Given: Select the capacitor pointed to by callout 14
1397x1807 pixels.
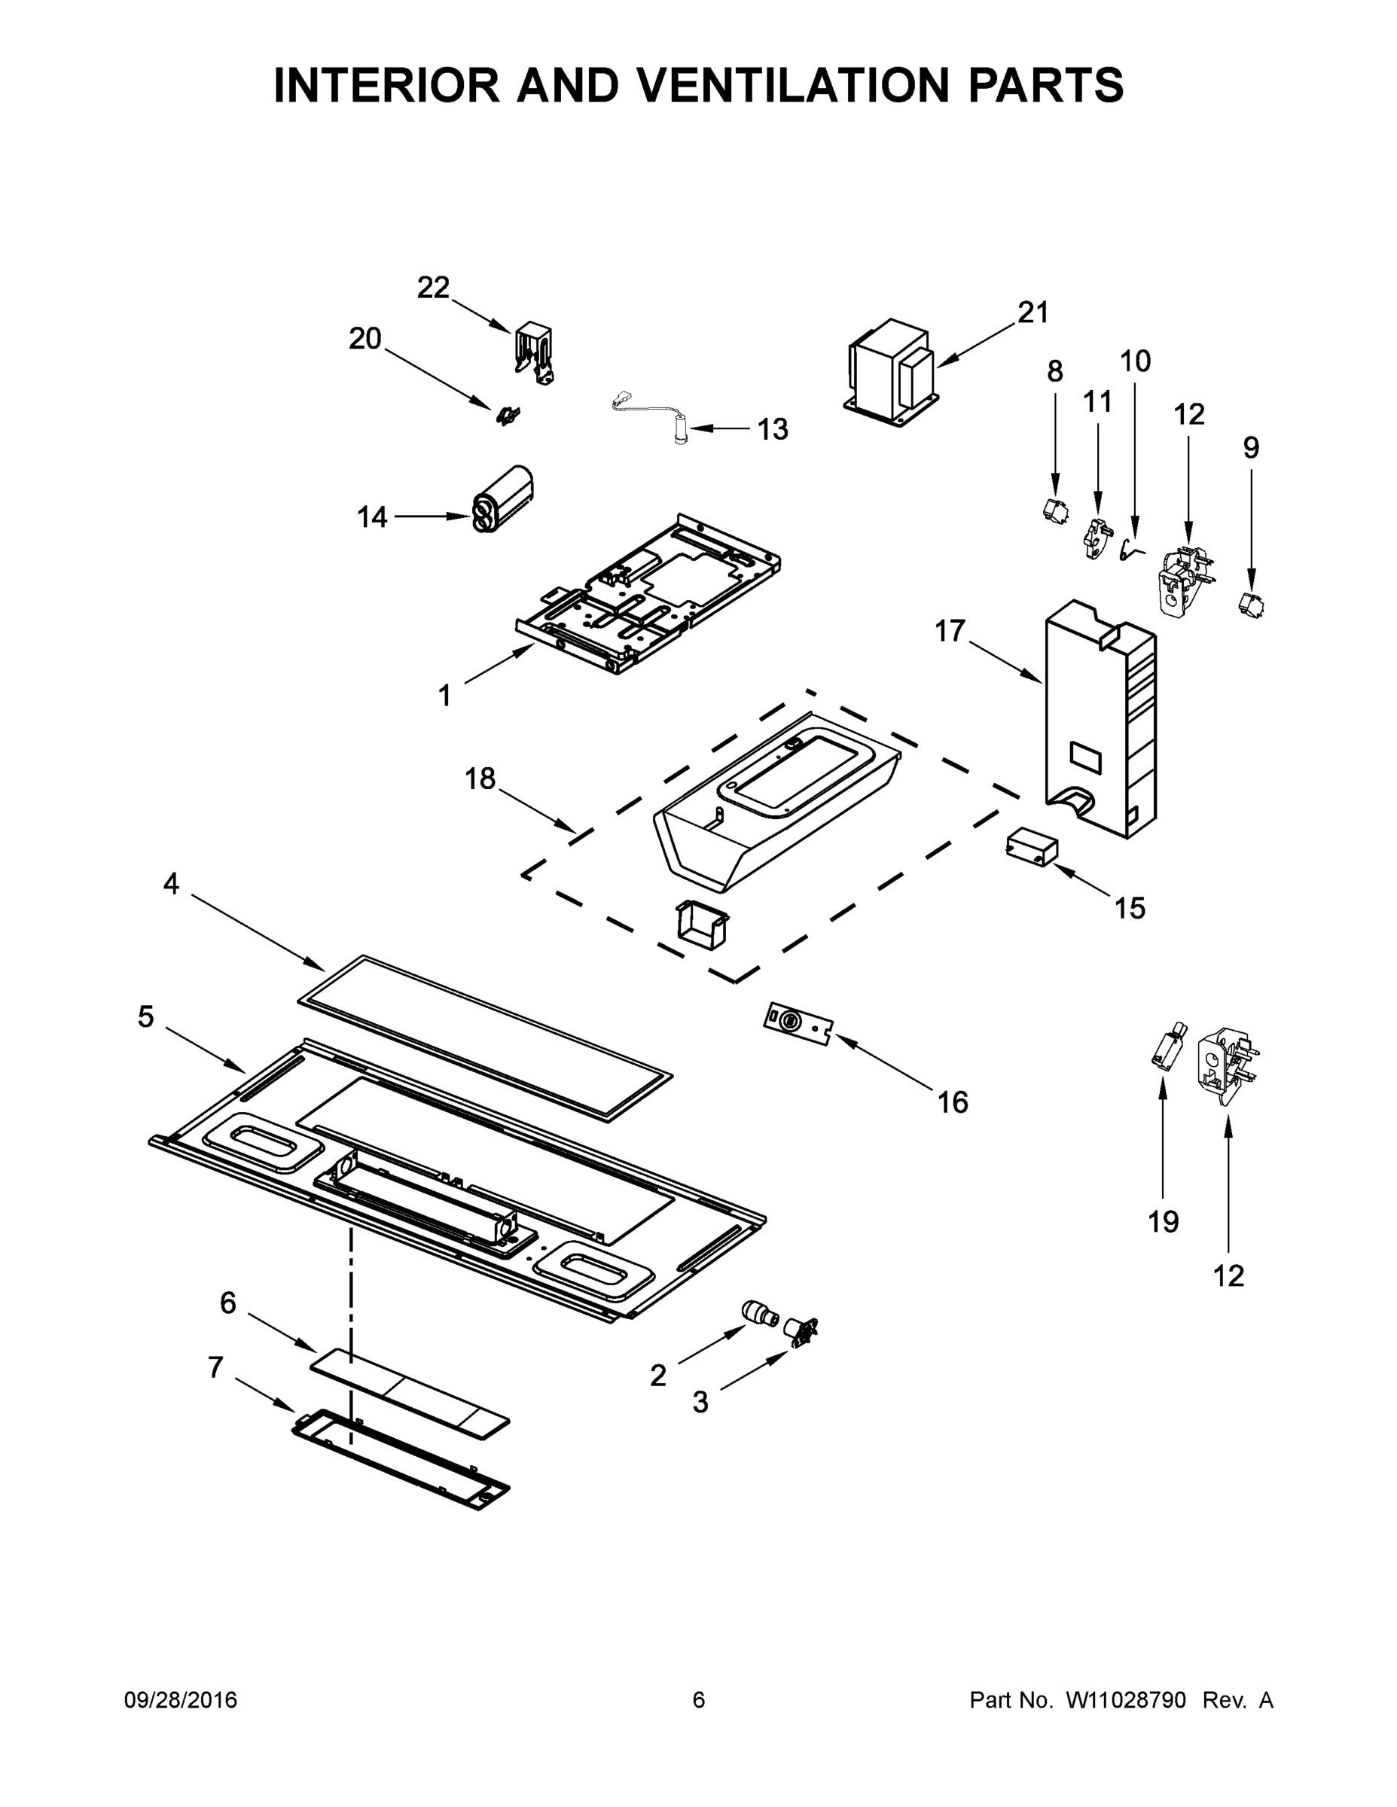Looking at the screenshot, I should click(x=502, y=499).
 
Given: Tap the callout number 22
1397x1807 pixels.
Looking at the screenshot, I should click(x=433, y=288).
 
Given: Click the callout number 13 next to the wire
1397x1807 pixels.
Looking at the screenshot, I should click(x=773, y=429).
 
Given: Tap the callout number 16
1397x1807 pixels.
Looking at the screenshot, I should click(x=953, y=1102).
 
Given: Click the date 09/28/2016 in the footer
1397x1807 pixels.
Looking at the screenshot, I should click(x=181, y=1700).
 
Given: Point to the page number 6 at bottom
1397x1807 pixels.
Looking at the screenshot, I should click(x=699, y=1700).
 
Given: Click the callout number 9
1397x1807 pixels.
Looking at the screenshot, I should click(x=1250, y=448).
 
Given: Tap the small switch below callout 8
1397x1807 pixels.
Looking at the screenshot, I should click(x=1054, y=510).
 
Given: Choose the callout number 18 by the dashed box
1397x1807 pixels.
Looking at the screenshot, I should click(x=479, y=779).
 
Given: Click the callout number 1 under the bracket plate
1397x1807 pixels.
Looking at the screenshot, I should click(x=444, y=696).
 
